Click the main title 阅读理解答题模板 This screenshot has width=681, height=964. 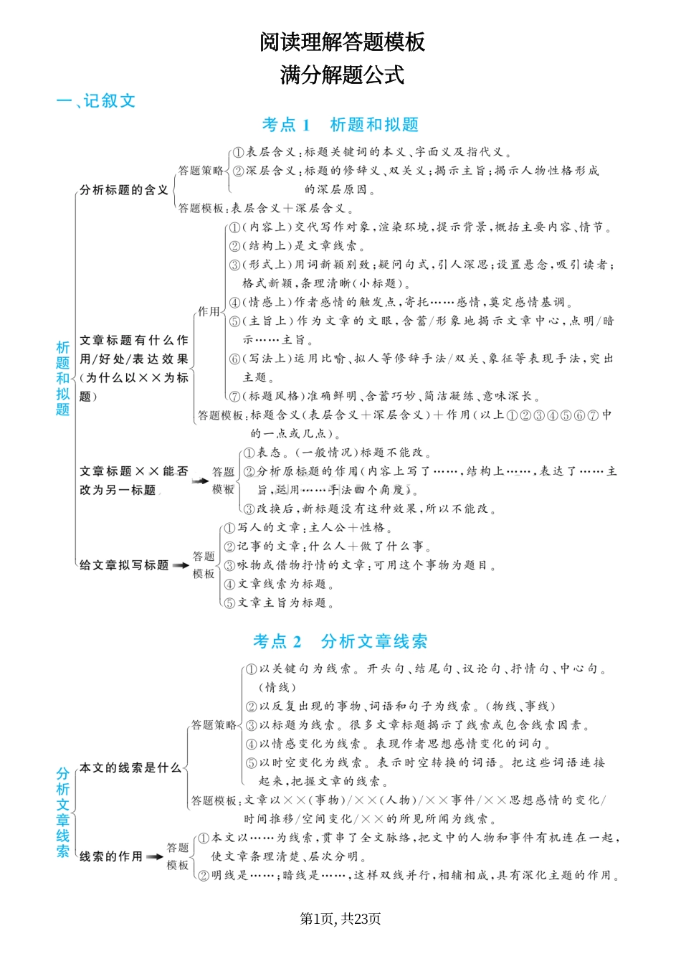point(342,42)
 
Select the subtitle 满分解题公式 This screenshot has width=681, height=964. point(342,75)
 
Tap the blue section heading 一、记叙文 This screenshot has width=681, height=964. point(96,101)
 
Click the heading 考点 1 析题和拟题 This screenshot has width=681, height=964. point(340,125)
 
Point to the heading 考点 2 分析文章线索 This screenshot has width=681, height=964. point(340,641)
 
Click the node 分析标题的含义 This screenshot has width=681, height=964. point(124,190)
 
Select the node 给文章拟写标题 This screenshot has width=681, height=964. point(124,565)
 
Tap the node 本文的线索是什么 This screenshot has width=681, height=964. point(130,767)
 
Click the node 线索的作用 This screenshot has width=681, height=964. point(111,856)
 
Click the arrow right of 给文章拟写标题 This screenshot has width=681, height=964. point(181,565)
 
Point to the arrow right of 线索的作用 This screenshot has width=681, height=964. point(154,857)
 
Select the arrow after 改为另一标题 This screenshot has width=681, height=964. point(200,481)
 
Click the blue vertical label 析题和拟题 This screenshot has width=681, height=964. point(63,378)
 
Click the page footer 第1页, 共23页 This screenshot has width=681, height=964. point(340,920)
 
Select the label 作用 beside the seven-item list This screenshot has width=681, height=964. point(209,311)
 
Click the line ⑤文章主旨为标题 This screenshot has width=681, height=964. point(279,603)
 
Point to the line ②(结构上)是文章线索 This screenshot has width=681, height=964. point(297,246)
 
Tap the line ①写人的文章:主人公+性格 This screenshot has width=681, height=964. point(308,528)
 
